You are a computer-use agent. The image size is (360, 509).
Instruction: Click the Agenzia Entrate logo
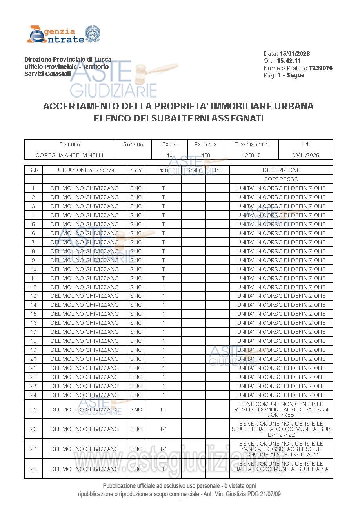pyautogui.click(x=64, y=34)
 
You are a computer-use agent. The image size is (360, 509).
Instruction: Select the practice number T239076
pyautogui.click(x=320, y=68)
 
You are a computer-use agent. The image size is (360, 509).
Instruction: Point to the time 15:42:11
pyautogui.click(x=289, y=61)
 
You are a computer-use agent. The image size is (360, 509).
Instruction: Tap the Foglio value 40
pyautogui.click(x=169, y=155)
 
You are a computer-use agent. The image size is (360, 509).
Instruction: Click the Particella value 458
pyautogui.click(x=205, y=155)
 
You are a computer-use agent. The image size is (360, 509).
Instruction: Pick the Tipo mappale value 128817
pyautogui.click(x=251, y=155)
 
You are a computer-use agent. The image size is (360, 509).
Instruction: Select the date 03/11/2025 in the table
pyautogui.click(x=305, y=155)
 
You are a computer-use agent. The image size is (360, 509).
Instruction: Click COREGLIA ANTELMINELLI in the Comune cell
pyautogui.click(x=69, y=155)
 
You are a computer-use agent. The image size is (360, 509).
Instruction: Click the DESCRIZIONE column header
pyautogui.click(x=281, y=170)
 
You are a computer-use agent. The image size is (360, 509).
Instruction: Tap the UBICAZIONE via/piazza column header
pyautogui.click(x=85, y=170)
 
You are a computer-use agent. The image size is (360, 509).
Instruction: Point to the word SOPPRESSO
pyautogui.click(x=281, y=179)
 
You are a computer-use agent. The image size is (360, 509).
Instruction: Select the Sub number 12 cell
pyautogui.click(x=33, y=287)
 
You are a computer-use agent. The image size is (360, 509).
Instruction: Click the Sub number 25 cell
pyautogui.click(x=33, y=409)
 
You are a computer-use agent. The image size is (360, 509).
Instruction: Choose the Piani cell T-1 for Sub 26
pyautogui.click(x=163, y=429)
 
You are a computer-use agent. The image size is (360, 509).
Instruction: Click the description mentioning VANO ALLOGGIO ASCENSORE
pyautogui.click(x=281, y=449)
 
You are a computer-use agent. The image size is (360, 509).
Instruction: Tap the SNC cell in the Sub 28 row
pyautogui.click(x=136, y=469)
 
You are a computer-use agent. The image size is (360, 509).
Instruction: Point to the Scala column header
pyautogui.click(x=193, y=170)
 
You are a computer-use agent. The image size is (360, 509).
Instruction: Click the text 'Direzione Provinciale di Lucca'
pyautogui.click(x=68, y=60)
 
